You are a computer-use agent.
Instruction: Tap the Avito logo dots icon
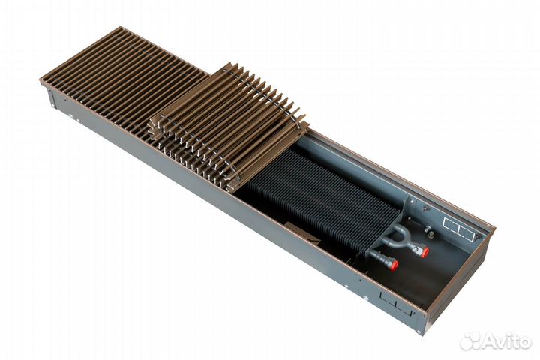pyautogui.click(x=471, y=343)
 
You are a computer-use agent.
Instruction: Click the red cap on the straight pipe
pyautogui.click(x=394, y=265)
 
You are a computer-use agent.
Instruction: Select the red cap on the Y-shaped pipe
pyautogui.click(x=424, y=252)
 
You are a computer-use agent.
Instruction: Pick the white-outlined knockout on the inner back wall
pyautogui.click(x=458, y=228)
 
